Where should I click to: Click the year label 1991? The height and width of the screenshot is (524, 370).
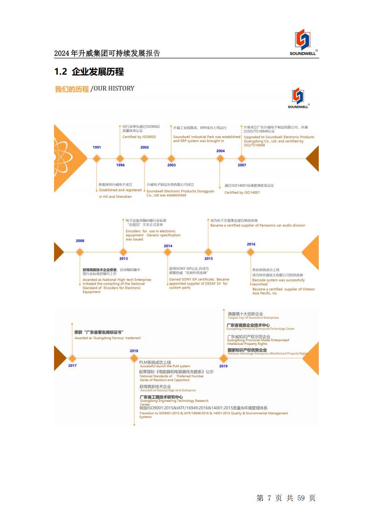tap(96, 147)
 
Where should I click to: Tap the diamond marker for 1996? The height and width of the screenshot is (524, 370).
tap(120, 159)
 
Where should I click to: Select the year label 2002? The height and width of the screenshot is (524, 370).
tap(144, 147)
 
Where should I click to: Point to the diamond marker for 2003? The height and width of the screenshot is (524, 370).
tap(171, 159)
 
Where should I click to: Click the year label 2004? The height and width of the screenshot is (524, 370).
tap(220, 151)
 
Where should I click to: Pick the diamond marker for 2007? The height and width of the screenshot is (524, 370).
tap(242, 159)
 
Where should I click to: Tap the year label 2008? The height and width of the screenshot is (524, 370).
tap(80, 241)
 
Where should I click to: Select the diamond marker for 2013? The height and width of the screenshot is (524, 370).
tap(123, 252)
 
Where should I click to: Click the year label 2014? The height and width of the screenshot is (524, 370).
tap(168, 246)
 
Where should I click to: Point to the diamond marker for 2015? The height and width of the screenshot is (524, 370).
tap(208, 252)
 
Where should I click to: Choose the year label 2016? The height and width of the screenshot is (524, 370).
tap(251, 244)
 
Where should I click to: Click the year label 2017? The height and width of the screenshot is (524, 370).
tap(72, 365)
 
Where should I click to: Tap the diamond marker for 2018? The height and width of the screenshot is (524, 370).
tap(134, 358)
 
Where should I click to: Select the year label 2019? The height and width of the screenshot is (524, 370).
tap(223, 366)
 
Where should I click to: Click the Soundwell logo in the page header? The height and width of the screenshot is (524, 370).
tap(302, 42)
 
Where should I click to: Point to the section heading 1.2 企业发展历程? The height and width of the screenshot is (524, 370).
tap(89, 72)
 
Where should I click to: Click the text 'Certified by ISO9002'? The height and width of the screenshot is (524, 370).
tap(139, 137)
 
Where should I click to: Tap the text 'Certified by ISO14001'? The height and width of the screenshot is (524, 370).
tap(242, 193)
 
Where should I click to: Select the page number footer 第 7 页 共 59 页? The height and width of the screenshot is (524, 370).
tap(286, 498)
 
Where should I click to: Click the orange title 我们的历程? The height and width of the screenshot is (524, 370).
tap(72, 89)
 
